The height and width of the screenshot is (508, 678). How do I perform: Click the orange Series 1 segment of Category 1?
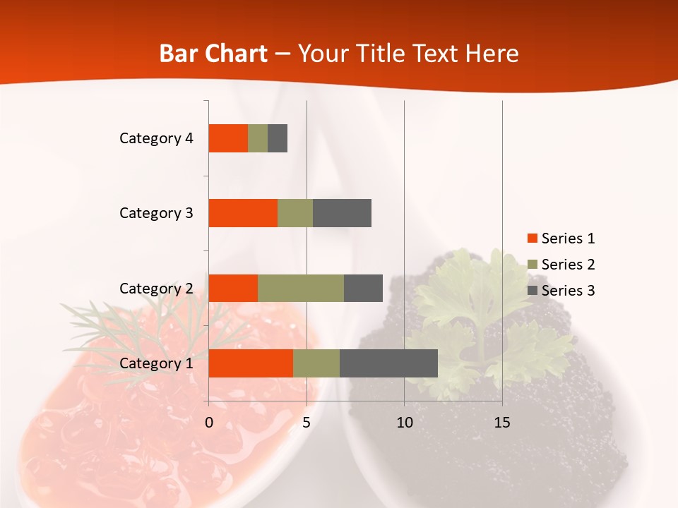click(x=251, y=363)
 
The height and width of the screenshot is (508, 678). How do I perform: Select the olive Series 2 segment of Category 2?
click(x=301, y=288)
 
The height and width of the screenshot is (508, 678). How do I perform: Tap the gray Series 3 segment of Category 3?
click(x=342, y=213)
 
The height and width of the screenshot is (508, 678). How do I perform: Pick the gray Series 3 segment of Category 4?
click(x=278, y=138)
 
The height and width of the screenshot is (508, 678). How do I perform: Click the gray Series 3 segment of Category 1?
click(x=388, y=363)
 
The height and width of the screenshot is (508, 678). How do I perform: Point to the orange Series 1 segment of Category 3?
click(x=243, y=213)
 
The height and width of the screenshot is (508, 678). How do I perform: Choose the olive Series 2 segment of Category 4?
click(x=258, y=138)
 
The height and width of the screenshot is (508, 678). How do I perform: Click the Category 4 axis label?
click(x=156, y=138)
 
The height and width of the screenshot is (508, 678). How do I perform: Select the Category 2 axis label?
click(x=156, y=288)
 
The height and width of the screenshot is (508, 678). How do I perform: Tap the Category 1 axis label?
click(x=156, y=363)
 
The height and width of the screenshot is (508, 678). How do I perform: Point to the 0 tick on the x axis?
click(x=209, y=423)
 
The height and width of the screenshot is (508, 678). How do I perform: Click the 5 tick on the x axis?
click(x=307, y=423)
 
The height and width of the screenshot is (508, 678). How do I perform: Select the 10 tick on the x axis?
click(x=404, y=423)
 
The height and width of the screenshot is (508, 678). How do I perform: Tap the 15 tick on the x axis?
click(x=502, y=423)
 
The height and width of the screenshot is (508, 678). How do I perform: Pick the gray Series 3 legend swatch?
click(x=532, y=291)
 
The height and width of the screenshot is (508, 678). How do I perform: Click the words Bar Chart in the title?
click(x=213, y=54)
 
